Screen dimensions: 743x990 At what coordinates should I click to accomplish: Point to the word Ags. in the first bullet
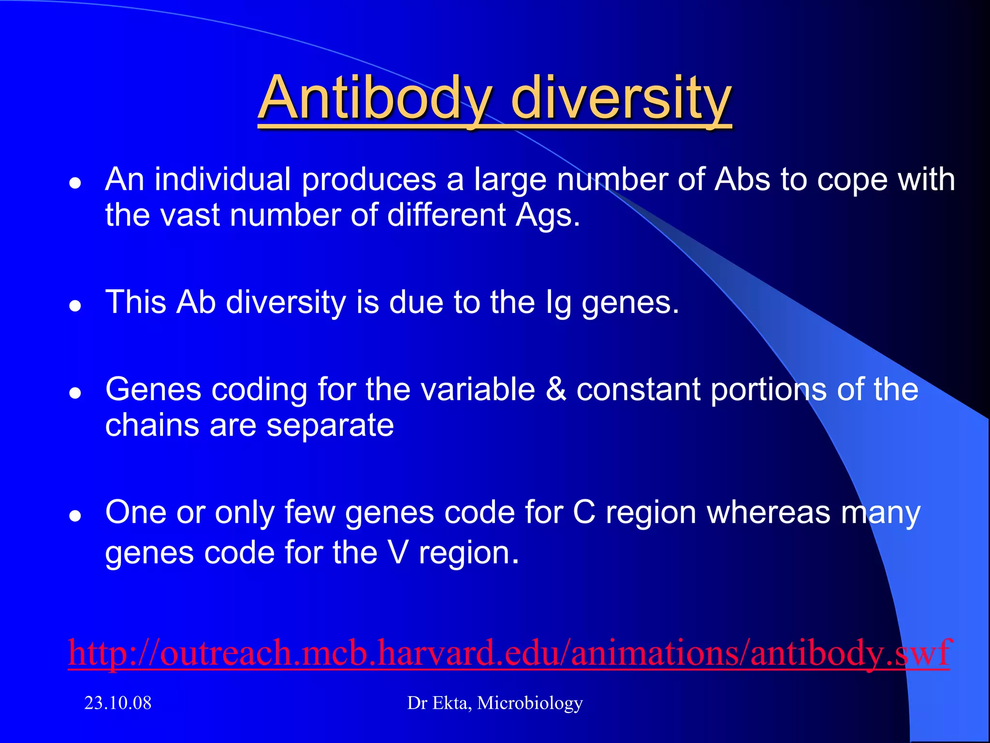547,216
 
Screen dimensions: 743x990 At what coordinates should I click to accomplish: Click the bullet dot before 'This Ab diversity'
75,306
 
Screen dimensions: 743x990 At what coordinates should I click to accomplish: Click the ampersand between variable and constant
556,389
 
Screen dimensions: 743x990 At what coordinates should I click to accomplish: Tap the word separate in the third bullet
330,426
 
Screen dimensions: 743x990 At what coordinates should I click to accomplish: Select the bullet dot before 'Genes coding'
75,393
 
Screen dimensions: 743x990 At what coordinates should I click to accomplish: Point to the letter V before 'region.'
398,552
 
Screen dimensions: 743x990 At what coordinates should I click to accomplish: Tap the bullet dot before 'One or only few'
75,516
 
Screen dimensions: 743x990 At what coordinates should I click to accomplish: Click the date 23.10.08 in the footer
118,703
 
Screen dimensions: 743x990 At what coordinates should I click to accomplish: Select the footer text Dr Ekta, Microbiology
495,703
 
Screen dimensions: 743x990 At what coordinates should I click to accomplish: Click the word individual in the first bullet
223,180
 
